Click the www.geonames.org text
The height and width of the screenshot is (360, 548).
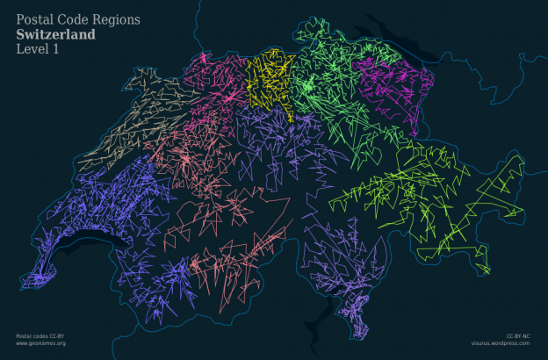pyautogui.click(x=41, y=343)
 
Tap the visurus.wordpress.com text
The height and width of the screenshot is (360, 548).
pyautogui.click(x=500, y=343)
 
